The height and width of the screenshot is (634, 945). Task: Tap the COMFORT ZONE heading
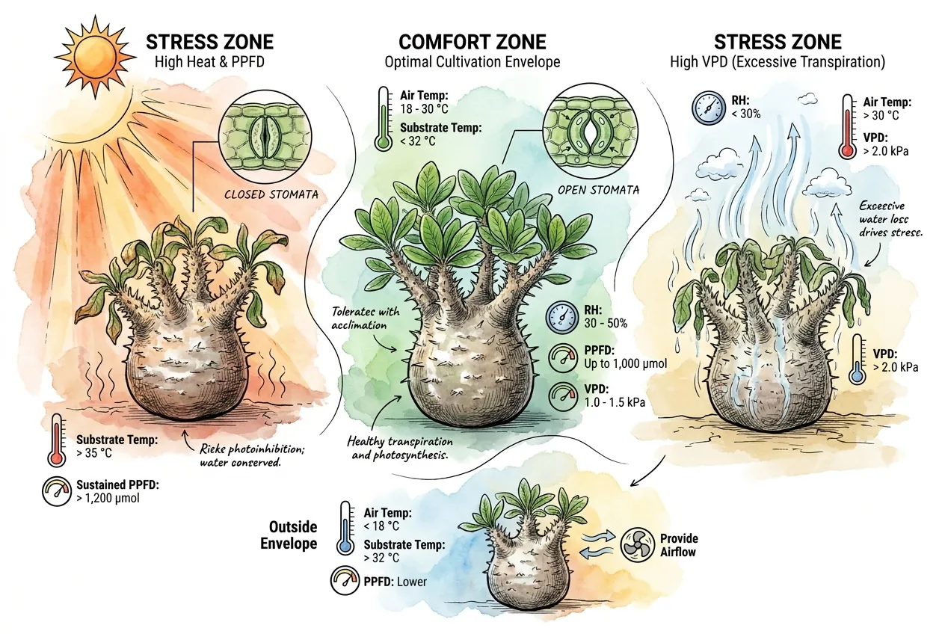[x=472, y=42]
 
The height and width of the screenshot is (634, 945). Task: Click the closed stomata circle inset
[x=265, y=136]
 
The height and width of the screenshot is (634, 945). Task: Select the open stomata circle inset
[x=590, y=131]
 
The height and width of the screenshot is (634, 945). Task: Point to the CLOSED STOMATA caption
[x=271, y=194]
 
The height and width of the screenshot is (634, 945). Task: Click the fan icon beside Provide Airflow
[x=638, y=545]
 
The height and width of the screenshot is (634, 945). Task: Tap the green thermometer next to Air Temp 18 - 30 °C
[x=383, y=119]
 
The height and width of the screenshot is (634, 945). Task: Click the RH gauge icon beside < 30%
[x=709, y=108]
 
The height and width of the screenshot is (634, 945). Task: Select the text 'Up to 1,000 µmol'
[x=626, y=363]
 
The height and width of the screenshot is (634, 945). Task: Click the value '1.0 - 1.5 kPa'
[x=615, y=402]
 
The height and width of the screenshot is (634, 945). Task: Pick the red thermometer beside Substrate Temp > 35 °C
[x=56, y=440]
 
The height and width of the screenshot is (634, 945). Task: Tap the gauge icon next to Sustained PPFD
[x=57, y=491]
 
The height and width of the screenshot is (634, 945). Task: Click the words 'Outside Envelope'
[x=289, y=535]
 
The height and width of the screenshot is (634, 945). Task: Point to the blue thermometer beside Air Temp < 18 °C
[x=345, y=528]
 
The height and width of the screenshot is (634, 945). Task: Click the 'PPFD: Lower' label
[x=395, y=582]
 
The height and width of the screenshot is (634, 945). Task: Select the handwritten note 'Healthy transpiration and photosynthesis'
[x=399, y=448]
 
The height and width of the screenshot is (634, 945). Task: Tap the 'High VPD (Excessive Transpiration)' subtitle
[x=778, y=62]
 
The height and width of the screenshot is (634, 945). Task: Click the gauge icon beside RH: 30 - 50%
[x=562, y=316]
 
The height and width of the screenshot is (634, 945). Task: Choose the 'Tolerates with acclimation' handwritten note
[x=366, y=318]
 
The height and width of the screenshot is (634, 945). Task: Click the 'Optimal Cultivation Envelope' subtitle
[x=472, y=62]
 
